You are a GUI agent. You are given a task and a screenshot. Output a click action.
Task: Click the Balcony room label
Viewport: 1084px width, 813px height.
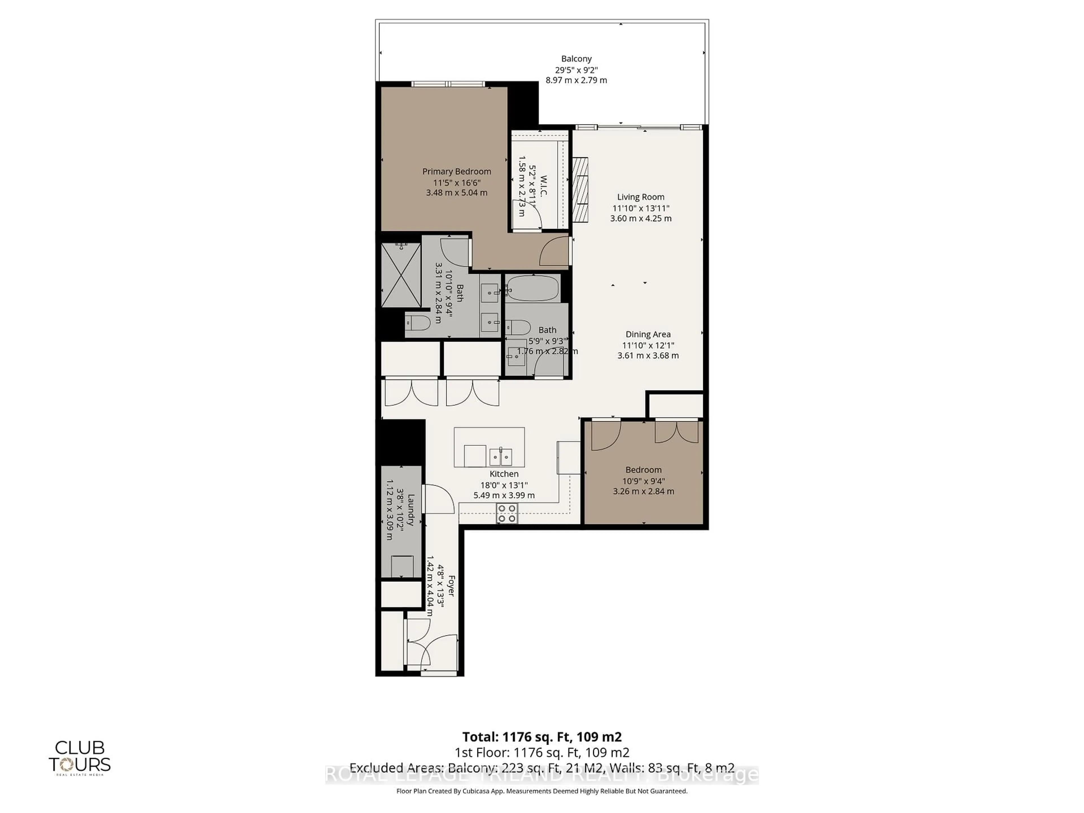(576, 59)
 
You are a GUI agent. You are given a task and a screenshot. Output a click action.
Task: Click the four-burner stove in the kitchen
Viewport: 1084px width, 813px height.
(507, 513)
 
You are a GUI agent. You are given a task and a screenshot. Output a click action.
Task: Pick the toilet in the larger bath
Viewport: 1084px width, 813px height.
(418, 323)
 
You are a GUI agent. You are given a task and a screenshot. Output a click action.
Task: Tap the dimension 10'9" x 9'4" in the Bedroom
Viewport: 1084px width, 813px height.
(643, 481)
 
